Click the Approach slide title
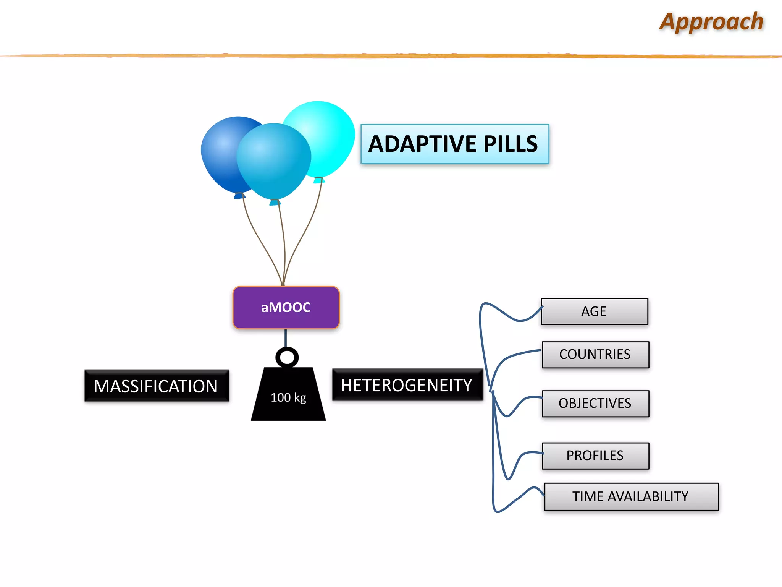pyautogui.click(x=711, y=22)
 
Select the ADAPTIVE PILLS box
pyautogui.click(x=454, y=144)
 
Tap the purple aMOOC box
pyautogui.click(x=286, y=307)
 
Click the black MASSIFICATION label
pyautogui.click(x=156, y=386)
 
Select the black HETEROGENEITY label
pyautogui.click(x=407, y=385)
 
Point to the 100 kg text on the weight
pyautogui.click(x=288, y=397)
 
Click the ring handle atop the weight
pyautogui.click(x=287, y=357)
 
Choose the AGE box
pyautogui.click(x=594, y=311)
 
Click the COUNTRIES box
pyautogui.click(x=595, y=355)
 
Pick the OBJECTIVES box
pyautogui.click(x=595, y=404)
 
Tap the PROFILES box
pyautogui.click(x=595, y=456)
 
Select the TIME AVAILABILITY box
pyautogui.click(x=631, y=496)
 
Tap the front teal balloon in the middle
pyautogui.click(x=273, y=161)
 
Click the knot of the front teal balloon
pyautogui.click(x=275, y=202)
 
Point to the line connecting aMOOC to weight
pyautogui.click(x=286, y=337)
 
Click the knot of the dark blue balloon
pyautogui.click(x=239, y=196)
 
